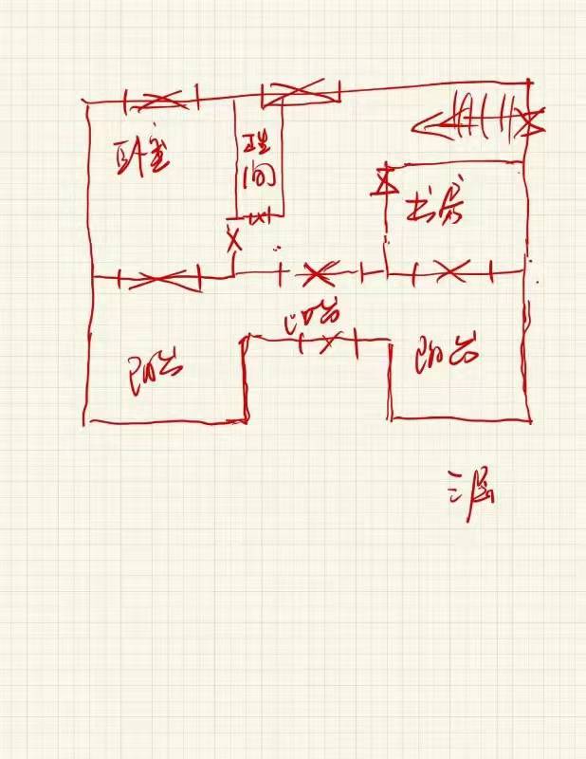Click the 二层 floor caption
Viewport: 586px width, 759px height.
click(469, 491)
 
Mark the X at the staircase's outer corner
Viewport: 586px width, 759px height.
click(533, 120)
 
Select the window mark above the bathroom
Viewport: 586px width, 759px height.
click(301, 91)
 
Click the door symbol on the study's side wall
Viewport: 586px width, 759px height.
click(385, 180)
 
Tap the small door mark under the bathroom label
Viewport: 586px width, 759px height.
click(258, 217)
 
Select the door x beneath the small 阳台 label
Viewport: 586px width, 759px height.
click(328, 342)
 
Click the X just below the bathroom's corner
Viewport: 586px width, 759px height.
click(233, 238)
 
